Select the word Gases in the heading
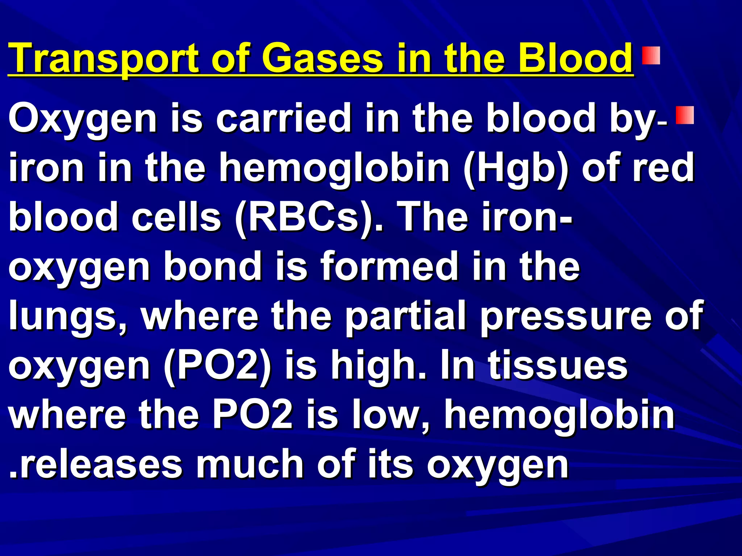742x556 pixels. (322, 58)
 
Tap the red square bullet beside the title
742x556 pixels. (651, 55)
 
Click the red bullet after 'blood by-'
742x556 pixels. (684, 115)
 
